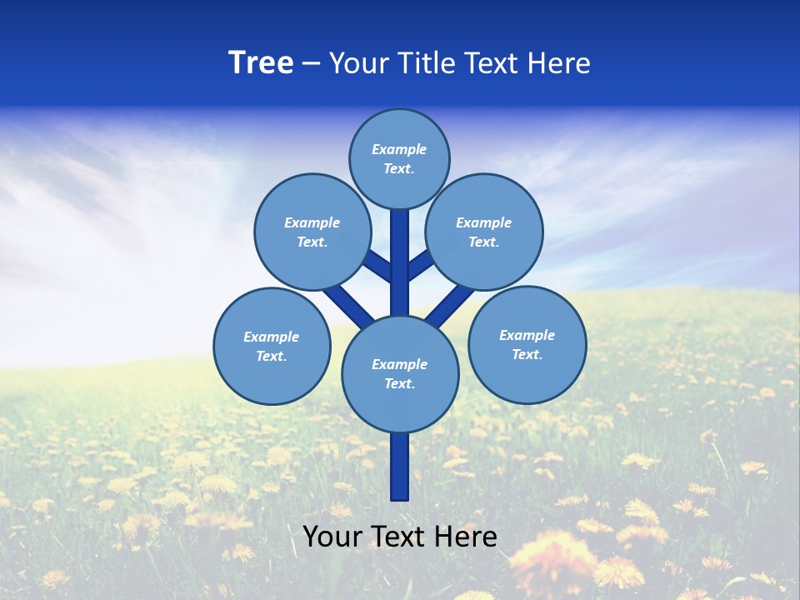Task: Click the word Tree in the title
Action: (x=261, y=63)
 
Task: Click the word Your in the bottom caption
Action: (x=332, y=536)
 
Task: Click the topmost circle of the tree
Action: (x=399, y=158)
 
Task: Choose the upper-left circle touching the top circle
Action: (x=312, y=232)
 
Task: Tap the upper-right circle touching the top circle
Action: (x=484, y=232)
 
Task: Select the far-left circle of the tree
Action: (x=272, y=346)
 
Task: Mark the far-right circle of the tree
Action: (x=527, y=344)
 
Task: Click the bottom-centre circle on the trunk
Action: (x=400, y=373)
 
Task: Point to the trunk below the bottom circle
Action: (x=400, y=467)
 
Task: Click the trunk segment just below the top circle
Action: (x=400, y=250)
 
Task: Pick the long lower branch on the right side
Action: (x=450, y=305)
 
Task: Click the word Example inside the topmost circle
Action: (x=399, y=149)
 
